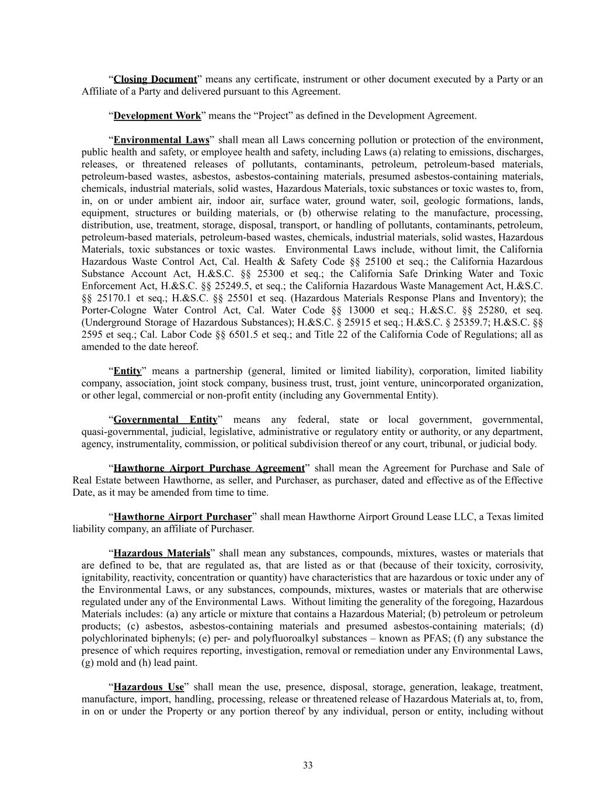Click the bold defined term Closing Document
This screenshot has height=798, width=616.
[155, 80]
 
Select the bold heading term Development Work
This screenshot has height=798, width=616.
[157, 116]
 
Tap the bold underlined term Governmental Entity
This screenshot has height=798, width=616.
[165, 420]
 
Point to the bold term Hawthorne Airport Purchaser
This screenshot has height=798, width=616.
[182, 517]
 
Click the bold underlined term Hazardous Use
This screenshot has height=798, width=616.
[148, 687]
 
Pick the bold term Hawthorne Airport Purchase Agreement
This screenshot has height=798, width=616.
[209, 468]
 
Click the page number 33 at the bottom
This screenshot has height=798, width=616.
[308, 765]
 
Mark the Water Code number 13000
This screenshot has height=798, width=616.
[363, 310]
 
